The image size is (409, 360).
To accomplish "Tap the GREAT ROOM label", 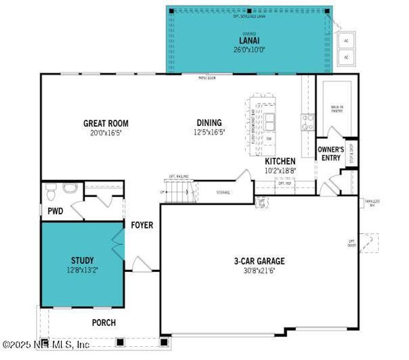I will (x=106, y=124).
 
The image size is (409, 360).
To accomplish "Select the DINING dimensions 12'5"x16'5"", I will (x=209, y=132).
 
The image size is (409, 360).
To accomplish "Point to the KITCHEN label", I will (x=280, y=161).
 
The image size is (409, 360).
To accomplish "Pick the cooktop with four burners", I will (x=308, y=122).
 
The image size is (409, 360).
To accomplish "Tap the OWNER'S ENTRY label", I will (x=330, y=154).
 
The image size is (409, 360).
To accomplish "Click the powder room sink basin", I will (x=70, y=189).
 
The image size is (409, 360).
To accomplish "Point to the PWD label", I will (x=56, y=211).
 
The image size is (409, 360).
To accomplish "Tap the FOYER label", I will (x=142, y=226).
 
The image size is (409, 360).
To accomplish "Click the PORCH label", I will (x=103, y=323).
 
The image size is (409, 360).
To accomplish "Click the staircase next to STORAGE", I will (x=178, y=192).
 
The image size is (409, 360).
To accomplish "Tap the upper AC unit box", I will (x=345, y=41).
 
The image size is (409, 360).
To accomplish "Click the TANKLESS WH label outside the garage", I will (x=372, y=203).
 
